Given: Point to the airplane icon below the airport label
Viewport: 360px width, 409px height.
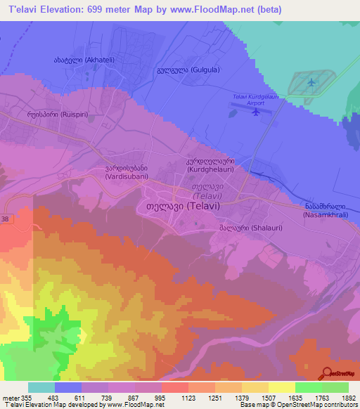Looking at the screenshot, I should [x=256, y=110].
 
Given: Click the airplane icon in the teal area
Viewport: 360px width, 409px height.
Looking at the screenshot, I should [x=311, y=83].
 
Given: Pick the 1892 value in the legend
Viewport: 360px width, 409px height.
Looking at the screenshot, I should [x=349, y=398].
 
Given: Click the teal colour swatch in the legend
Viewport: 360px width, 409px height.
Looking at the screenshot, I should [x=41, y=388].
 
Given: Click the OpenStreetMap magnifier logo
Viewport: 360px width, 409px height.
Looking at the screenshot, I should [x=327, y=373].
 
